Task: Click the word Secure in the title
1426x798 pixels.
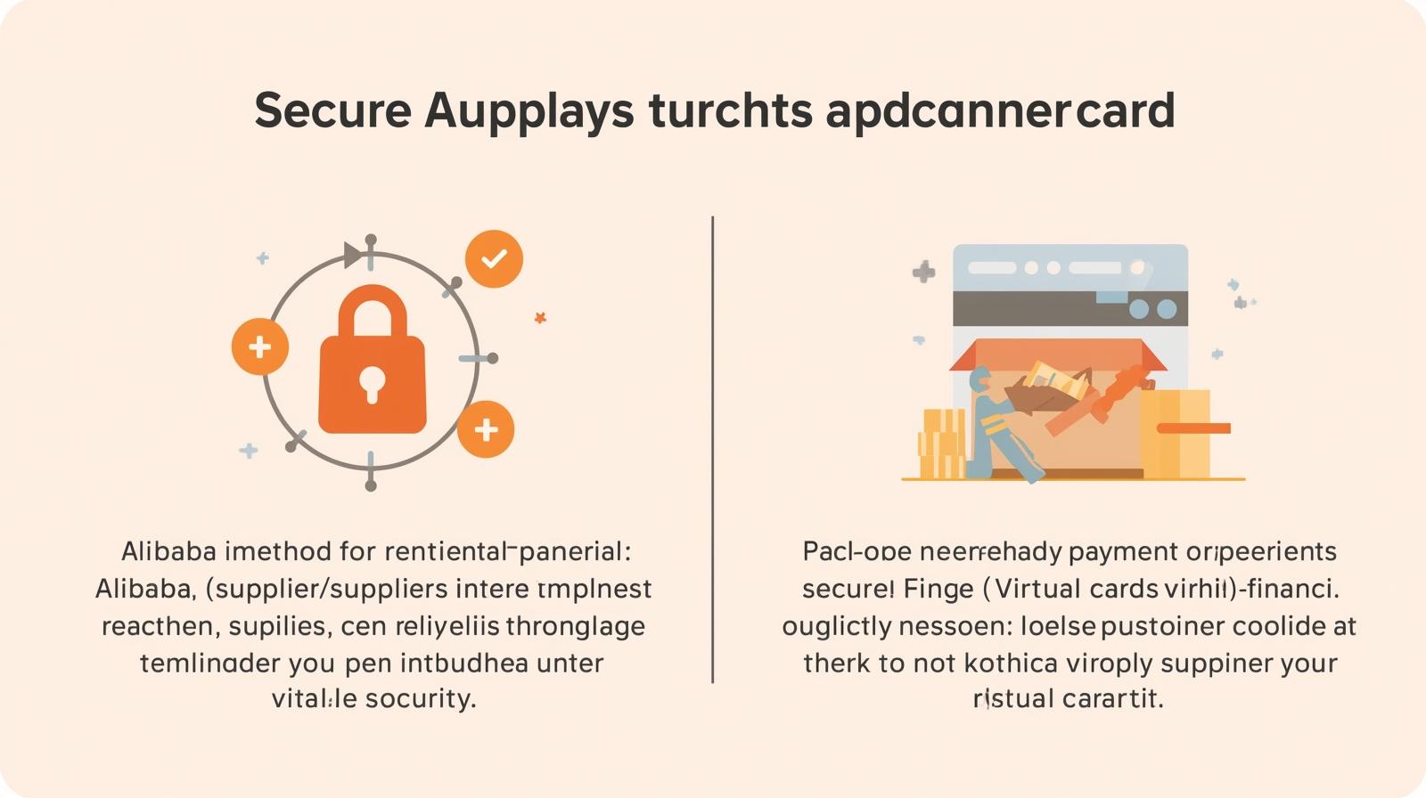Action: point(332,110)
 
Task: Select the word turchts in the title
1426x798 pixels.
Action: point(730,110)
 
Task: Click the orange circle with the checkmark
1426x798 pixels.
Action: point(494,259)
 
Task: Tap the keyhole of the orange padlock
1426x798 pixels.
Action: point(373,383)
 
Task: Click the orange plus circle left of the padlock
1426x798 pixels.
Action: point(260,346)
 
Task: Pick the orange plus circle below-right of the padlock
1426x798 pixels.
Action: point(486,430)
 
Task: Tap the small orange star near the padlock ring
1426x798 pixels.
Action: point(540,317)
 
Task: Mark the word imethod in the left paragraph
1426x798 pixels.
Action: point(278,552)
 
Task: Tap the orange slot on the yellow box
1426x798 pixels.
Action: point(1193,428)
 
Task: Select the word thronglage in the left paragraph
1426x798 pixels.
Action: point(576,626)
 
